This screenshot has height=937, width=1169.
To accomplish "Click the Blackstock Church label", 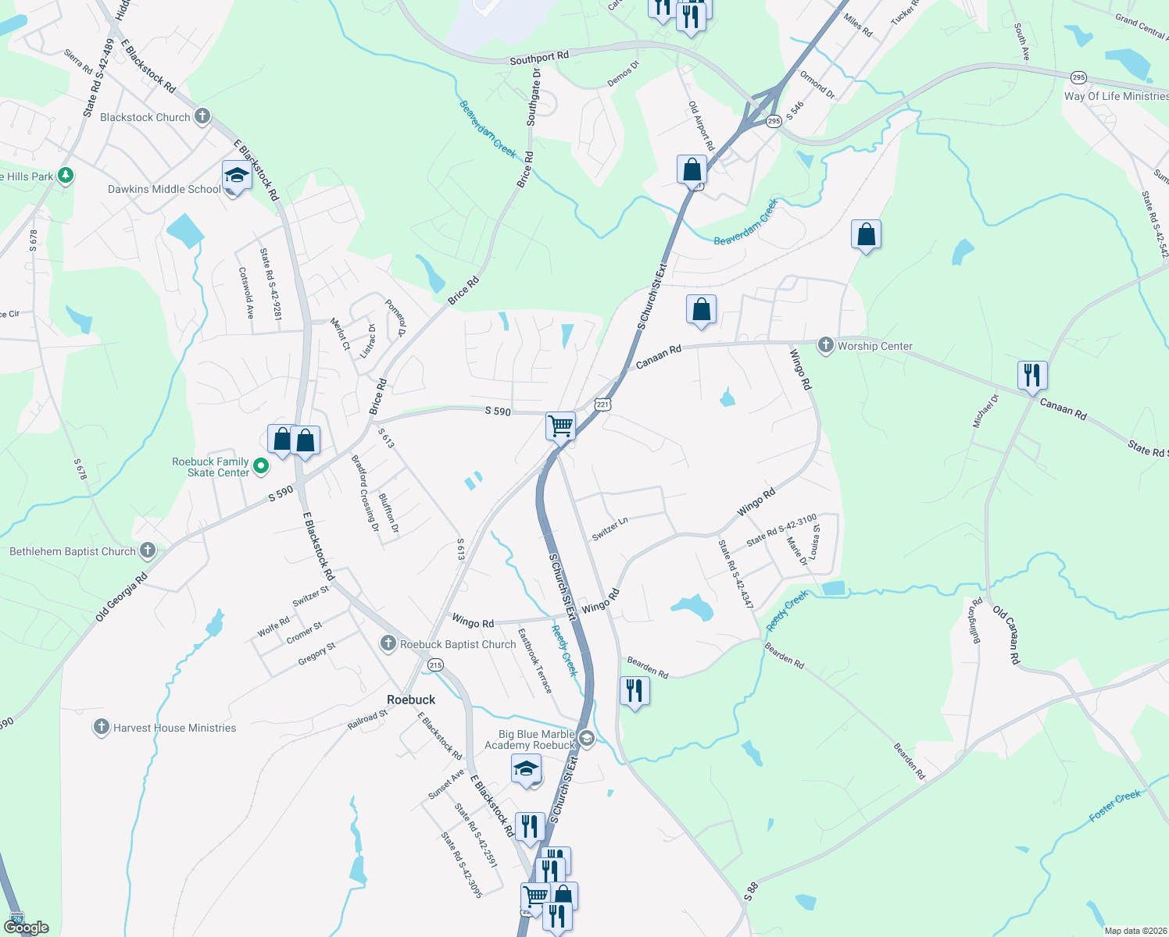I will [145, 117].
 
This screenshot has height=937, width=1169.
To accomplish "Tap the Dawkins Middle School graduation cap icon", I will [236, 176].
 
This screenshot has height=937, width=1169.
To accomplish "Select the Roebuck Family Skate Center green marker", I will [262, 467].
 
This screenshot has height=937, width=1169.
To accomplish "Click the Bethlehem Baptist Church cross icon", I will [147, 551].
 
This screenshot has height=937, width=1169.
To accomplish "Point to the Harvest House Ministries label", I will [174, 728].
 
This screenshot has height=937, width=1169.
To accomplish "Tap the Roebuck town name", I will [411, 700].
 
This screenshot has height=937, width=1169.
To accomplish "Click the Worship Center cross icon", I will [826, 345].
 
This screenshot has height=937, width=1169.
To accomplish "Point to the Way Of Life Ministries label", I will [1116, 96].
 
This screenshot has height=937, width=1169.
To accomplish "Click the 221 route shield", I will [602, 404].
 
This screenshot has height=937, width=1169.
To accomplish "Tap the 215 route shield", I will [435, 665].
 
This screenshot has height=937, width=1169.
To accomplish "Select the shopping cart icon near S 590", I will [560, 426].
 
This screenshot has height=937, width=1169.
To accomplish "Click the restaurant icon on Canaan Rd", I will [1032, 376].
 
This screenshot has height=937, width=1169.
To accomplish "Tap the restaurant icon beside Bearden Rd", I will [635, 691].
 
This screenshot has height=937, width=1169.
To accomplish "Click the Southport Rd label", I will [539, 58].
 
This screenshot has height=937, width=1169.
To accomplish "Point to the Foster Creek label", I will [1115, 806].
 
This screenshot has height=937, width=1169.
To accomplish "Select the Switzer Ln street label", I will [610, 529].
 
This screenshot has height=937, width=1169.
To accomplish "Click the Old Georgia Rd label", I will [121, 598].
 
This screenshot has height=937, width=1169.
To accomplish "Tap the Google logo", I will [26, 928].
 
